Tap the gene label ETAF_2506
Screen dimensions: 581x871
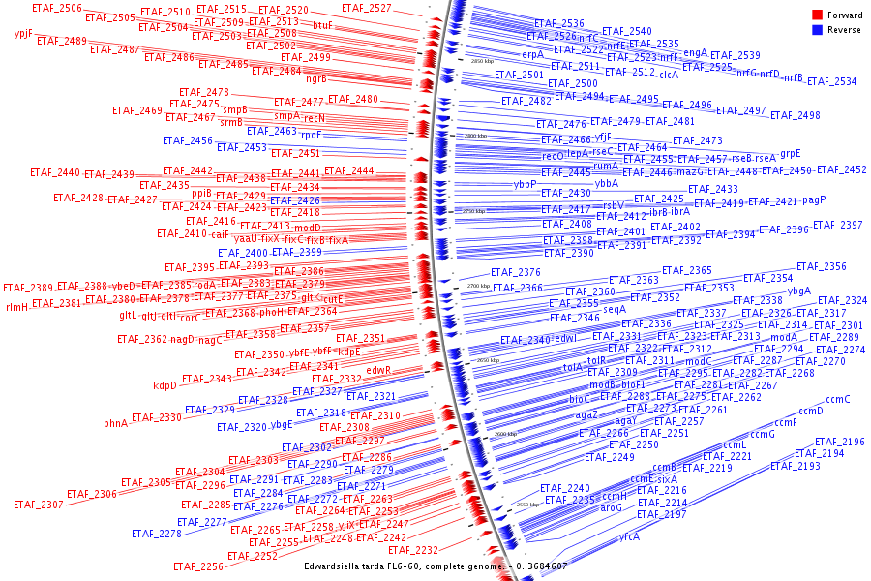(x=56, y=9)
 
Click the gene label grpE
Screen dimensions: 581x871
(x=791, y=154)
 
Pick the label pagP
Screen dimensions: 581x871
(x=814, y=200)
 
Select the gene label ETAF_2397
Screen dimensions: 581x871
(x=837, y=225)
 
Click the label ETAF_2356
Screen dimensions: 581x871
(x=821, y=267)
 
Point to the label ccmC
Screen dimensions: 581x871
(x=838, y=399)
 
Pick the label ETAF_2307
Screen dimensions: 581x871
(x=39, y=505)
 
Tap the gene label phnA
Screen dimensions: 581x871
(x=116, y=423)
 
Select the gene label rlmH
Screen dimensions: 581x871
(x=17, y=306)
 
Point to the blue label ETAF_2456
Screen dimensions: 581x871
(x=188, y=141)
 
